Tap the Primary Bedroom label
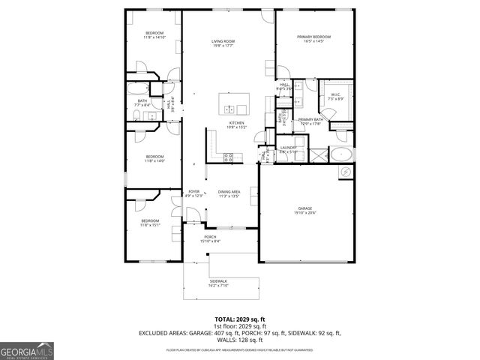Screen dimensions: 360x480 pyautogui.click(x=314, y=37)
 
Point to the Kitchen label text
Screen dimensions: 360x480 pyautogui.click(x=237, y=123)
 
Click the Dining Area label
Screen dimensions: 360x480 pyautogui.click(x=228, y=192)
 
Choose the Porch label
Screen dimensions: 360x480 pyautogui.click(x=209, y=237)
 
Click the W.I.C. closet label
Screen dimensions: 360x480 pyautogui.click(x=335, y=94)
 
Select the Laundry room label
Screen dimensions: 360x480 pyautogui.click(x=289, y=148)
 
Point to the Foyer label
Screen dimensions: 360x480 pyautogui.click(x=193, y=192)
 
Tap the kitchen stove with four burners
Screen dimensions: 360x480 pyautogui.click(x=230, y=157)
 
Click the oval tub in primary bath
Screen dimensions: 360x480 pyautogui.click(x=342, y=156)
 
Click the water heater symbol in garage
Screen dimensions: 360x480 pyautogui.click(x=346, y=172)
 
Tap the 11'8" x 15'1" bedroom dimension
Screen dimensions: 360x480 pyautogui.click(x=151, y=225)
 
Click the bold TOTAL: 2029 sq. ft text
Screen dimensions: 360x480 pyautogui.click(x=240, y=319)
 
